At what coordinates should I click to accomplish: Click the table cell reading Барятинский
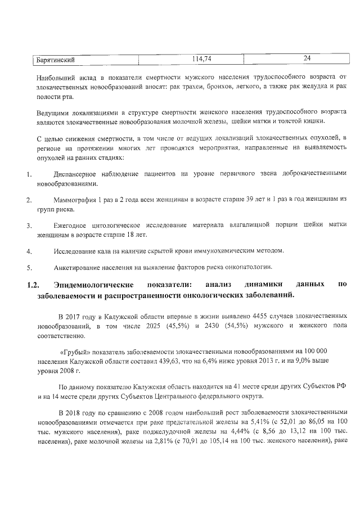56,59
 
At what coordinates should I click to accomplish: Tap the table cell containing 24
307,58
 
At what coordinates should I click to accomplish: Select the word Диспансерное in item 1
79,174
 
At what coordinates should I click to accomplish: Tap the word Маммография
78,200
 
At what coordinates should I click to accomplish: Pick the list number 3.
29,226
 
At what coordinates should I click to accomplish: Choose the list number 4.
29,250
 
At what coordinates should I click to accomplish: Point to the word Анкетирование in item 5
80,267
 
